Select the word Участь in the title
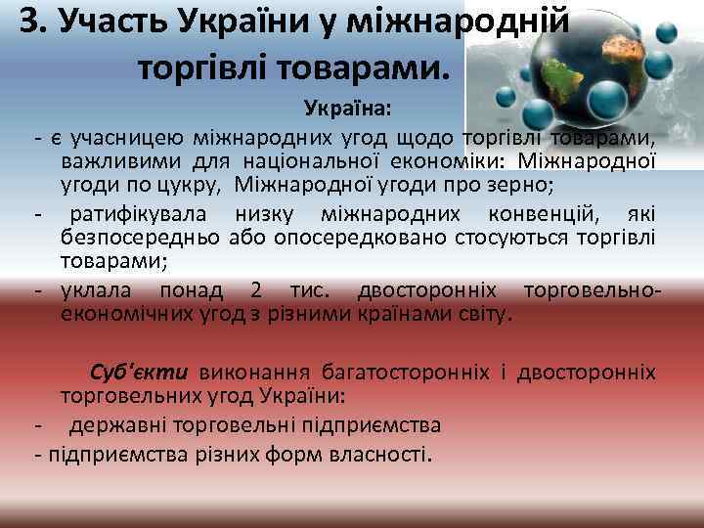[x=114, y=22]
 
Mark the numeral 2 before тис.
[x=256, y=290]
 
